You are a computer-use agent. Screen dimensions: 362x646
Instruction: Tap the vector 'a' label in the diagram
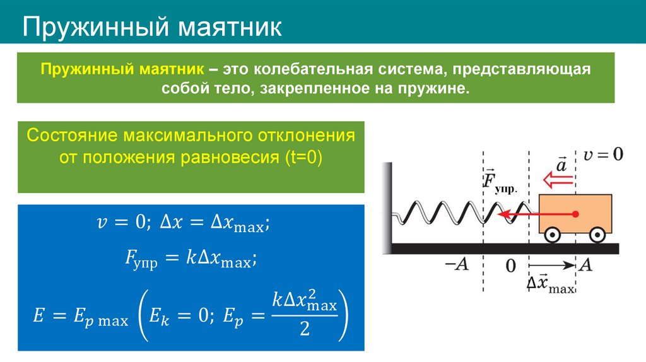pyautogui.click(x=561, y=165)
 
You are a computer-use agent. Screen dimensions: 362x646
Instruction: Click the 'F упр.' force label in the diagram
pyautogui.click(x=496, y=181)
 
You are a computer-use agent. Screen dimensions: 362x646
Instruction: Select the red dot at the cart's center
pyautogui.click(x=575, y=214)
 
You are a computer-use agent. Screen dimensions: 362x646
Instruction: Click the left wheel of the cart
pyautogui.click(x=552, y=235)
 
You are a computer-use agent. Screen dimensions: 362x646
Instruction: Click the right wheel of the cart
pyautogui.click(x=597, y=235)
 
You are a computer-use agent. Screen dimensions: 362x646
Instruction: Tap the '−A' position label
pyautogui.click(x=457, y=265)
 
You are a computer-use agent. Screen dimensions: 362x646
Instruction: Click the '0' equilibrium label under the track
pyautogui.click(x=510, y=266)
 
